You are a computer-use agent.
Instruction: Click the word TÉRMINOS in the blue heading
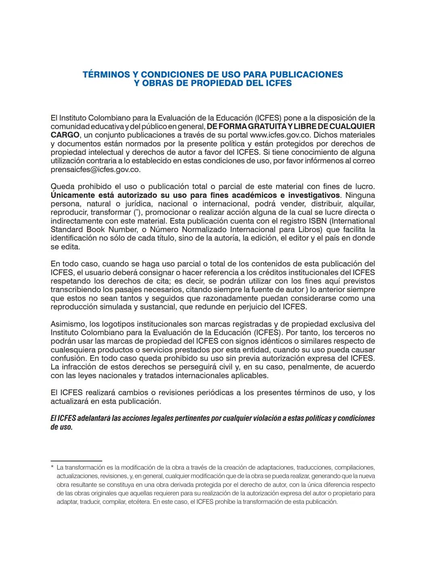(x=106, y=75)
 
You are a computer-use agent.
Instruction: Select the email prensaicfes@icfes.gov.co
(x=95, y=169)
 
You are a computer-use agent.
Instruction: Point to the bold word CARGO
(x=65, y=135)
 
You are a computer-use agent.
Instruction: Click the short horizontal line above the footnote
(x=76, y=461)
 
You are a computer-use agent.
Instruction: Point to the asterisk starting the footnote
(x=52, y=468)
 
